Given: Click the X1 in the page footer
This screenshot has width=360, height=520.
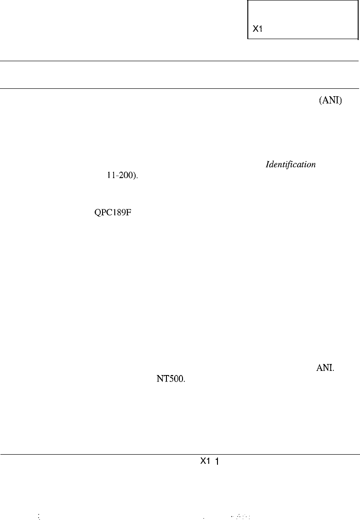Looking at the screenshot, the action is point(205,461).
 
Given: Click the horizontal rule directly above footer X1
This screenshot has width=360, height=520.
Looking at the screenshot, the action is point(179,454).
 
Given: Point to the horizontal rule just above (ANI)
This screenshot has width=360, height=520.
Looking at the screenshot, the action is point(179,88).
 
